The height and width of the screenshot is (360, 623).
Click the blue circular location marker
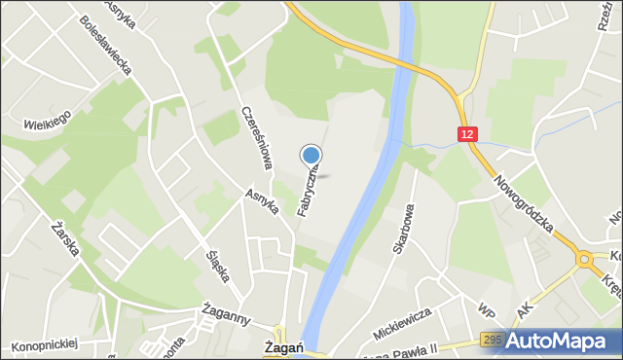click(311, 155)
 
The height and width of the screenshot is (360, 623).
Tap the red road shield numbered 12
click(469, 134)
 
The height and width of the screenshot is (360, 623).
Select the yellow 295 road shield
click(493, 339)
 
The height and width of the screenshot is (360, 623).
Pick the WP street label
click(486, 310)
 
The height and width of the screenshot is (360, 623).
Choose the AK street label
click(527, 308)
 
